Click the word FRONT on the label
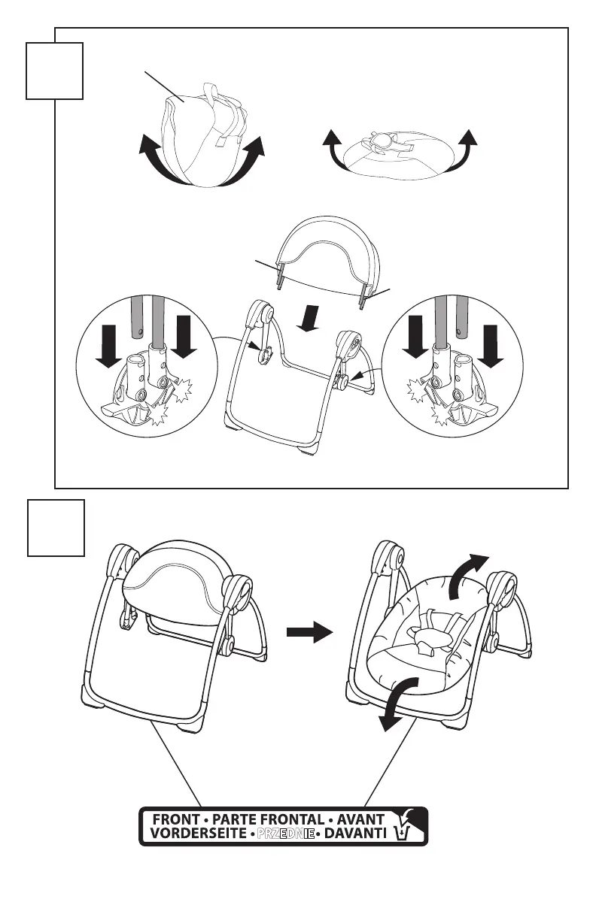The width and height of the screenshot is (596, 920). tap(175, 819)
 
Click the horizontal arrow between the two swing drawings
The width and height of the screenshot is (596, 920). tap(309, 634)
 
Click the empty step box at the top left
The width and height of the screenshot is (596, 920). tap(54, 71)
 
